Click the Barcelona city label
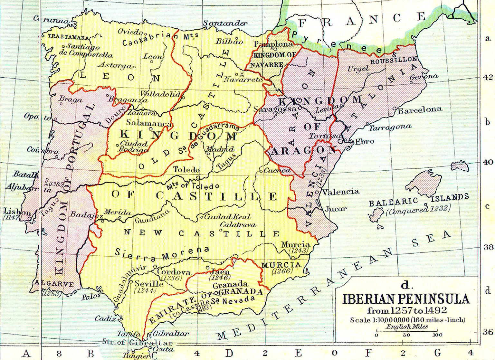tap(420, 110)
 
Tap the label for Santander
tap(225, 23)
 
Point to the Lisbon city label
tap(17, 212)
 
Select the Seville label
tap(149, 284)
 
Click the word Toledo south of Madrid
tap(186, 169)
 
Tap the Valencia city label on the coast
tap(341, 192)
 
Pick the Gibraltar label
tap(171, 334)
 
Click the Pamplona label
tap(273, 44)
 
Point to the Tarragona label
tap(390, 128)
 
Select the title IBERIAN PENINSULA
tap(406, 299)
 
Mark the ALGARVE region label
tap(54, 284)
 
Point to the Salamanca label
tap(149, 123)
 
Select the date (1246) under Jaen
tap(220, 277)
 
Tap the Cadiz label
tap(105, 318)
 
